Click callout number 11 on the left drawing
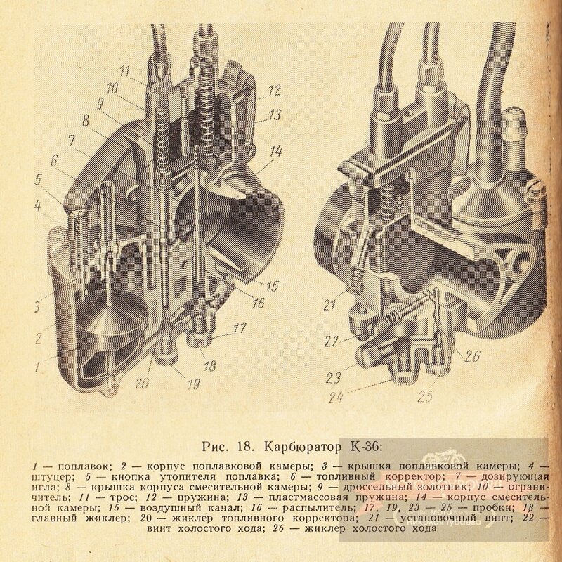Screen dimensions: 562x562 tap(126, 70)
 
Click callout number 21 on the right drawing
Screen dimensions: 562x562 tap(329, 306)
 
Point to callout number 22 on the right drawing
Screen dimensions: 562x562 tap(333, 341)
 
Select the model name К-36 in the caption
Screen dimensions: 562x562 tap(365, 445)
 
